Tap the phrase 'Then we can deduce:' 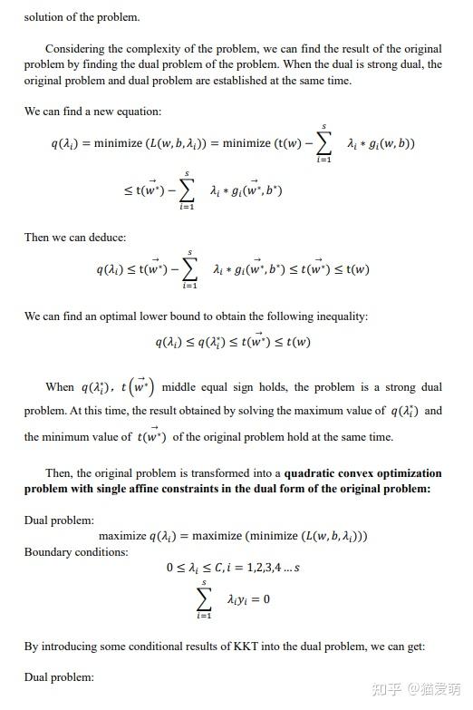click(x=75, y=237)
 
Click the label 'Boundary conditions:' click(x=76, y=551)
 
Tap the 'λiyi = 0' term click(x=248, y=599)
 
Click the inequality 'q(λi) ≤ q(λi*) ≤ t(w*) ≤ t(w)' click(x=233, y=342)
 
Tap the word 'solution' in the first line click(x=45, y=16)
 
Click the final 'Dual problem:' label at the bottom click(x=59, y=677)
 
